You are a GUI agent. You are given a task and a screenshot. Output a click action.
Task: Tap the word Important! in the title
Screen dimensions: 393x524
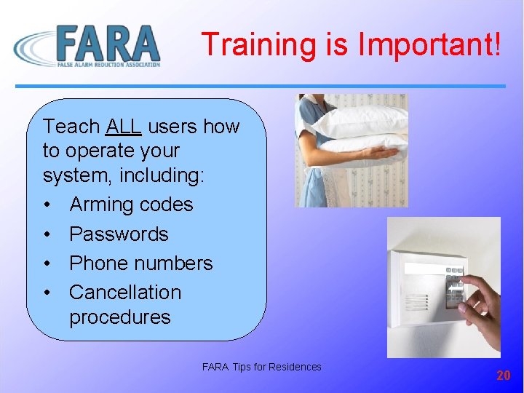429,44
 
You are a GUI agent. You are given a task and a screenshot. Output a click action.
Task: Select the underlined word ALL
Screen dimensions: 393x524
123,127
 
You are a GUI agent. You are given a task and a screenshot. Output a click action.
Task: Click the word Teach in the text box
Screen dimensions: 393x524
71,127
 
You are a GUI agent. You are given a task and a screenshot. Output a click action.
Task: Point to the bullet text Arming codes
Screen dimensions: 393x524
131,205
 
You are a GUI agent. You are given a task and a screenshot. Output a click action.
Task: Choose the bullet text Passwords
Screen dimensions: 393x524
119,234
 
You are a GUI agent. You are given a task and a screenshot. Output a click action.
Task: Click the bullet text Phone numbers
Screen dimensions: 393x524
140,263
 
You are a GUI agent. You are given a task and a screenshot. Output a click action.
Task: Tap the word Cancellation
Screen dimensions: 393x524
125,292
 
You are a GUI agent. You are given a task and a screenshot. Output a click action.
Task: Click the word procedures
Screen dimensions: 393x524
120,317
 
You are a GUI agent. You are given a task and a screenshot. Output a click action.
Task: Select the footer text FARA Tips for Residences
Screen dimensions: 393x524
261,367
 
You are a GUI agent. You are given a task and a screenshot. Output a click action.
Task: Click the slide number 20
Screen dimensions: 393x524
503,376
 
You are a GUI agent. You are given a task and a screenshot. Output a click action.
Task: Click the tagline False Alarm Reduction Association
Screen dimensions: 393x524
108,65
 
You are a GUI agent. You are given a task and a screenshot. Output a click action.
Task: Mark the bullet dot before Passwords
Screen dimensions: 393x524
47,234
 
